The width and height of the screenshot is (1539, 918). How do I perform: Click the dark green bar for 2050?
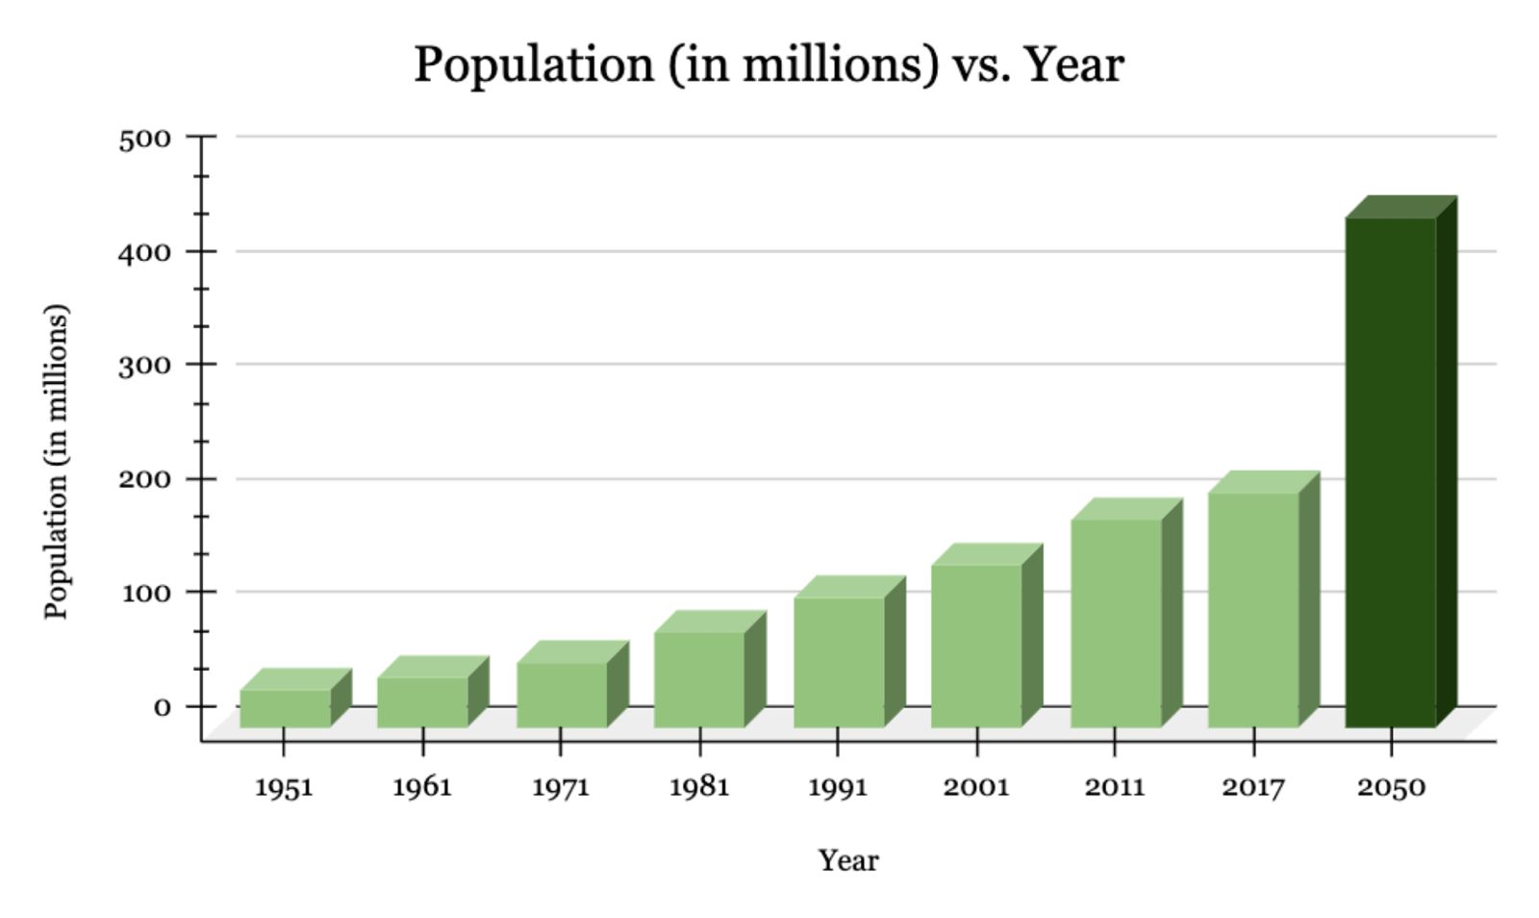coord(1390,472)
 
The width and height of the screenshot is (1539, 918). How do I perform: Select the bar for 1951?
coord(285,708)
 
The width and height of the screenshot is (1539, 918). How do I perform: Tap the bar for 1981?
coord(699,679)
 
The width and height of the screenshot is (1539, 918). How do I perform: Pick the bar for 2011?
coord(1116,623)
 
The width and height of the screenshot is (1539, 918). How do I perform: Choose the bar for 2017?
coord(1253,609)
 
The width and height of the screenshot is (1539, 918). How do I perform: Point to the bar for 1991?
coord(839,662)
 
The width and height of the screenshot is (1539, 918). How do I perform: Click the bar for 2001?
coord(976,646)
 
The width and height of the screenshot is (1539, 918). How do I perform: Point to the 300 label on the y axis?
coord(144,366)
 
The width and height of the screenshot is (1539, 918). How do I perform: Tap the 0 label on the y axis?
coord(162,707)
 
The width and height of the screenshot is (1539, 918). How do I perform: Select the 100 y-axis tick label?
coord(144,593)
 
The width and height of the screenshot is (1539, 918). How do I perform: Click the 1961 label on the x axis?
coord(422,787)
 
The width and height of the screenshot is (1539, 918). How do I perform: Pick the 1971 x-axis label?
coord(561,787)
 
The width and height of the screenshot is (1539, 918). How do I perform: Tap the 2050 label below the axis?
coord(1391,787)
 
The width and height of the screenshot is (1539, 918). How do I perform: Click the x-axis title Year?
coord(847,860)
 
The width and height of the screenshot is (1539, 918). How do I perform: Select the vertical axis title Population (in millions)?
coord(57,462)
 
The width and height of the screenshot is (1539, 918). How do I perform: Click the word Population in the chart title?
coord(534,65)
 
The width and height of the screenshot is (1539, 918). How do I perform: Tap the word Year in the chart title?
coord(1072,65)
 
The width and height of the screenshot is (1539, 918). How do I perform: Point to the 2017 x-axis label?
coord(1253,787)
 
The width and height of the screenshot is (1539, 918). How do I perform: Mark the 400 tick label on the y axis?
coord(144,253)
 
